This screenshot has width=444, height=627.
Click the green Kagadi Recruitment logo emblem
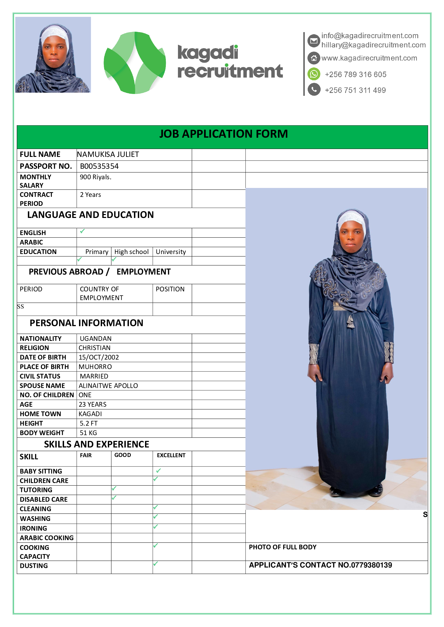pyautogui.click(x=134, y=63)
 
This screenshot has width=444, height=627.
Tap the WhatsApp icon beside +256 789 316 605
pyautogui.click(x=314, y=74)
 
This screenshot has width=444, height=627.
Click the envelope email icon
pyautogui.click(x=314, y=41)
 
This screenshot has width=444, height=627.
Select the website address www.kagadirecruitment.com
pyautogui.click(x=369, y=58)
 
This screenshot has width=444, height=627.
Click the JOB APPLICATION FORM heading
pyautogui.click(x=223, y=134)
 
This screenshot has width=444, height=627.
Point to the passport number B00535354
pyautogui.click(x=99, y=166)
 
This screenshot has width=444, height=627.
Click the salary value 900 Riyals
pyautogui.click(x=95, y=177)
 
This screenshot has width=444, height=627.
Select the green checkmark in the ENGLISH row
pyautogui.click(x=82, y=231)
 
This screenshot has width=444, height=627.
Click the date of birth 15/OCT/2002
pyautogui.click(x=99, y=357)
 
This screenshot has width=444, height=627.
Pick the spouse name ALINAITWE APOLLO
pyautogui.click(x=108, y=386)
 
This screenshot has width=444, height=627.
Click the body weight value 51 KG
pyautogui.click(x=88, y=433)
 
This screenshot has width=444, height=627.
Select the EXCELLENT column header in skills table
pyautogui.click(x=171, y=455)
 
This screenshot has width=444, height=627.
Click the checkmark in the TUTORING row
pyautogui.click(x=114, y=488)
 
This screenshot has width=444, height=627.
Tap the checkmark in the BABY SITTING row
pyautogui.click(x=158, y=471)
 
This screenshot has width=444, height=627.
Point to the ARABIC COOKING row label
pyautogui.click(x=46, y=538)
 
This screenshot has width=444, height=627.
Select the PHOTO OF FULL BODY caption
pyautogui.click(x=282, y=547)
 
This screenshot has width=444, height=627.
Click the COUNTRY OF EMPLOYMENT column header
pyautogui.click(x=101, y=293)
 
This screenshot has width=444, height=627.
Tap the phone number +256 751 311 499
pyautogui.click(x=355, y=90)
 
